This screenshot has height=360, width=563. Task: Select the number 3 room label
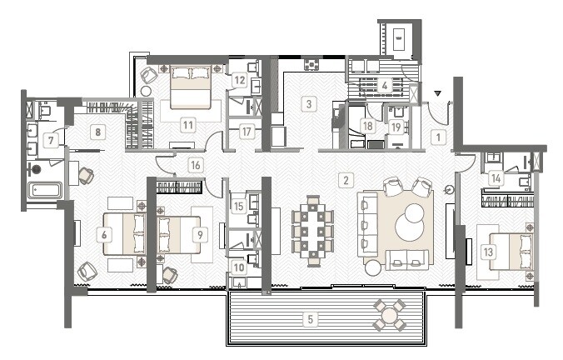[309, 105]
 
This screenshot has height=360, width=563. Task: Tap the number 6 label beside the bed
[103, 236]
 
